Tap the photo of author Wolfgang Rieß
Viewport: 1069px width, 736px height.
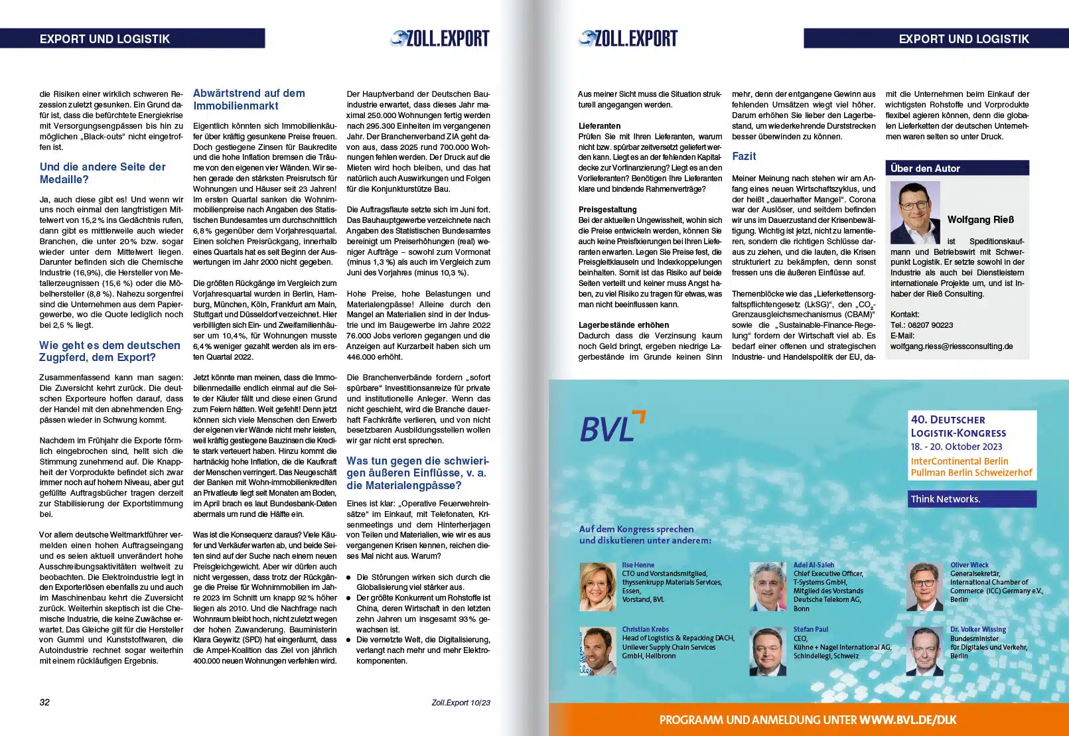pyautogui.click(x=914, y=213)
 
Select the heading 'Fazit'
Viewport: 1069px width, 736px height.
pyautogui.click(x=744, y=157)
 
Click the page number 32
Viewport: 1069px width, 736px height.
pyautogui.click(x=44, y=702)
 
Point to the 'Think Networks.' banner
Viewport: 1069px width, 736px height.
pyautogui.click(x=971, y=499)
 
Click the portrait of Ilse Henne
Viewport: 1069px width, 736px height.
pyautogui.click(x=597, y=587)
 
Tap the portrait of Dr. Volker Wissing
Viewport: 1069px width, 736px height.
pyautogui.click(x=924, y=650)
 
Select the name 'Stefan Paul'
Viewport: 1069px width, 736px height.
pyautogui.click(x=810, y=629)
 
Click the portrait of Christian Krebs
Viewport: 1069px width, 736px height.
pyautogui.click(x=597, y=650)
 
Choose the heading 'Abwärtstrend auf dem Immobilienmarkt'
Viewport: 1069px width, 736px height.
pyautogui.click(x=249, y=100)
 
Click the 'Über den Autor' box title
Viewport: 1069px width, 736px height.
pyautogui.click(x=925, y=169)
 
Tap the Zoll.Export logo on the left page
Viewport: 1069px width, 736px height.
pyautogui.click(x=440, y=38)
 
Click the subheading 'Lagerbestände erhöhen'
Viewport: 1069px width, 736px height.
pyautogui.click(x=623, y=325)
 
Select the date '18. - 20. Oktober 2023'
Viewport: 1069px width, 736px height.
pyautogui.click(x=956, y=447)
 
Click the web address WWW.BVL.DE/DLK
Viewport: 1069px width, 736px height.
pyautogui.click(x=908, y=720)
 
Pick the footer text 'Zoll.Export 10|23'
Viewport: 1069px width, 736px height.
pyautogui.click(x=461, y=703)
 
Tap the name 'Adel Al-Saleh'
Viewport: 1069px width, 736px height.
pyautogui.click(x=814, y=565)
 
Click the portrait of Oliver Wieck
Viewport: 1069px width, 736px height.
pyautogui.click(x=924, y=587)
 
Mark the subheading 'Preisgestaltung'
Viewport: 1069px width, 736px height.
pyautogui.click(x=607, y=210)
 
